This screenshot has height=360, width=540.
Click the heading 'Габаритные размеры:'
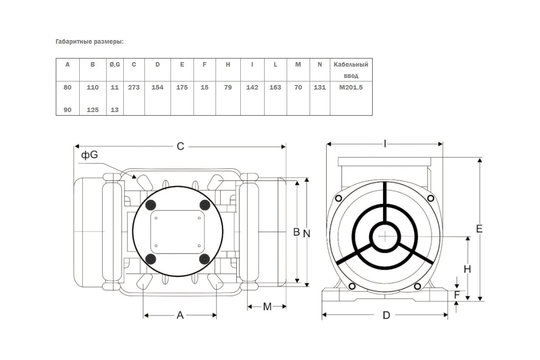[90, 42]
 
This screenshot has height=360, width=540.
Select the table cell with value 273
[134, 87]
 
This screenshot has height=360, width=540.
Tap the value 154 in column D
[157, 87]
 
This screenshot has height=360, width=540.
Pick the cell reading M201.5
[351, 87]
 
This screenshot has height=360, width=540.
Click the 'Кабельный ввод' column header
[351, 70]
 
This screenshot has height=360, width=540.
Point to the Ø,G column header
[115, 65]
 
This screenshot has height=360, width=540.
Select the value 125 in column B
[93, 110]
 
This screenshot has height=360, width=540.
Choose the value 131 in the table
[319, 87]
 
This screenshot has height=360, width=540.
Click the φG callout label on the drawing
[90, 155]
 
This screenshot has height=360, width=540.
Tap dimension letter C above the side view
[180, 146]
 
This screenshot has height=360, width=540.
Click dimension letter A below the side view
[180, 315]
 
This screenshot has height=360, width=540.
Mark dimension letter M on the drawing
[267, 307]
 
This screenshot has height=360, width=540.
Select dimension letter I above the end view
[385, 144]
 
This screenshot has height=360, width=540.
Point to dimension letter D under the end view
[387, 315]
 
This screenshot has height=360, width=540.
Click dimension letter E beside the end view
[479, 229]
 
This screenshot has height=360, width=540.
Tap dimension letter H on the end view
[468, 269]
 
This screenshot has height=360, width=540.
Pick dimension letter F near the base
[457, 295]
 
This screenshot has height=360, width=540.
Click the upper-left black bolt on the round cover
[151, 205]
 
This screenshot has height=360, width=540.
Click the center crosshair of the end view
[385, 236]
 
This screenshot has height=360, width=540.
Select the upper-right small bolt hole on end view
[431, 198]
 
